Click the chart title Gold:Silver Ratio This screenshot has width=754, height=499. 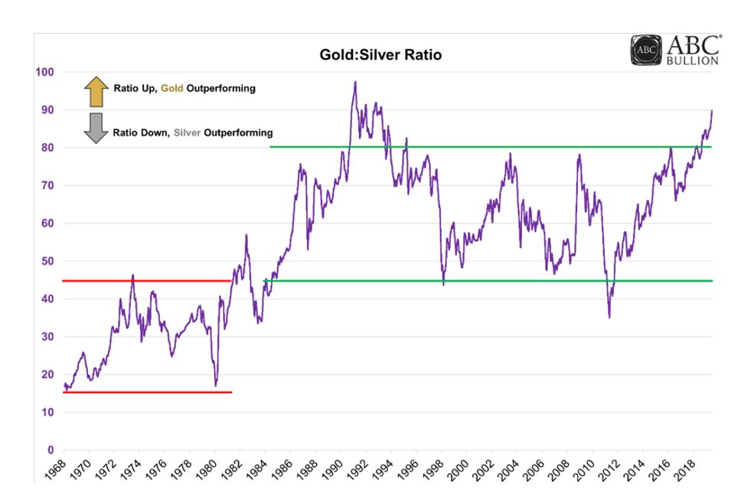pos(380,55)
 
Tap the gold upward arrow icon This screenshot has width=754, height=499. pos(96,91)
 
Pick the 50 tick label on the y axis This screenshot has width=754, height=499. pos(47,261)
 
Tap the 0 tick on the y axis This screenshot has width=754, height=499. pos(51,450)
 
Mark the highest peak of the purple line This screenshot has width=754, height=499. pos(355,81)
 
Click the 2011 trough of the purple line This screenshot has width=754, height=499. pos(609,317)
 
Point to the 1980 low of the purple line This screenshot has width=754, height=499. pos(217,385)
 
